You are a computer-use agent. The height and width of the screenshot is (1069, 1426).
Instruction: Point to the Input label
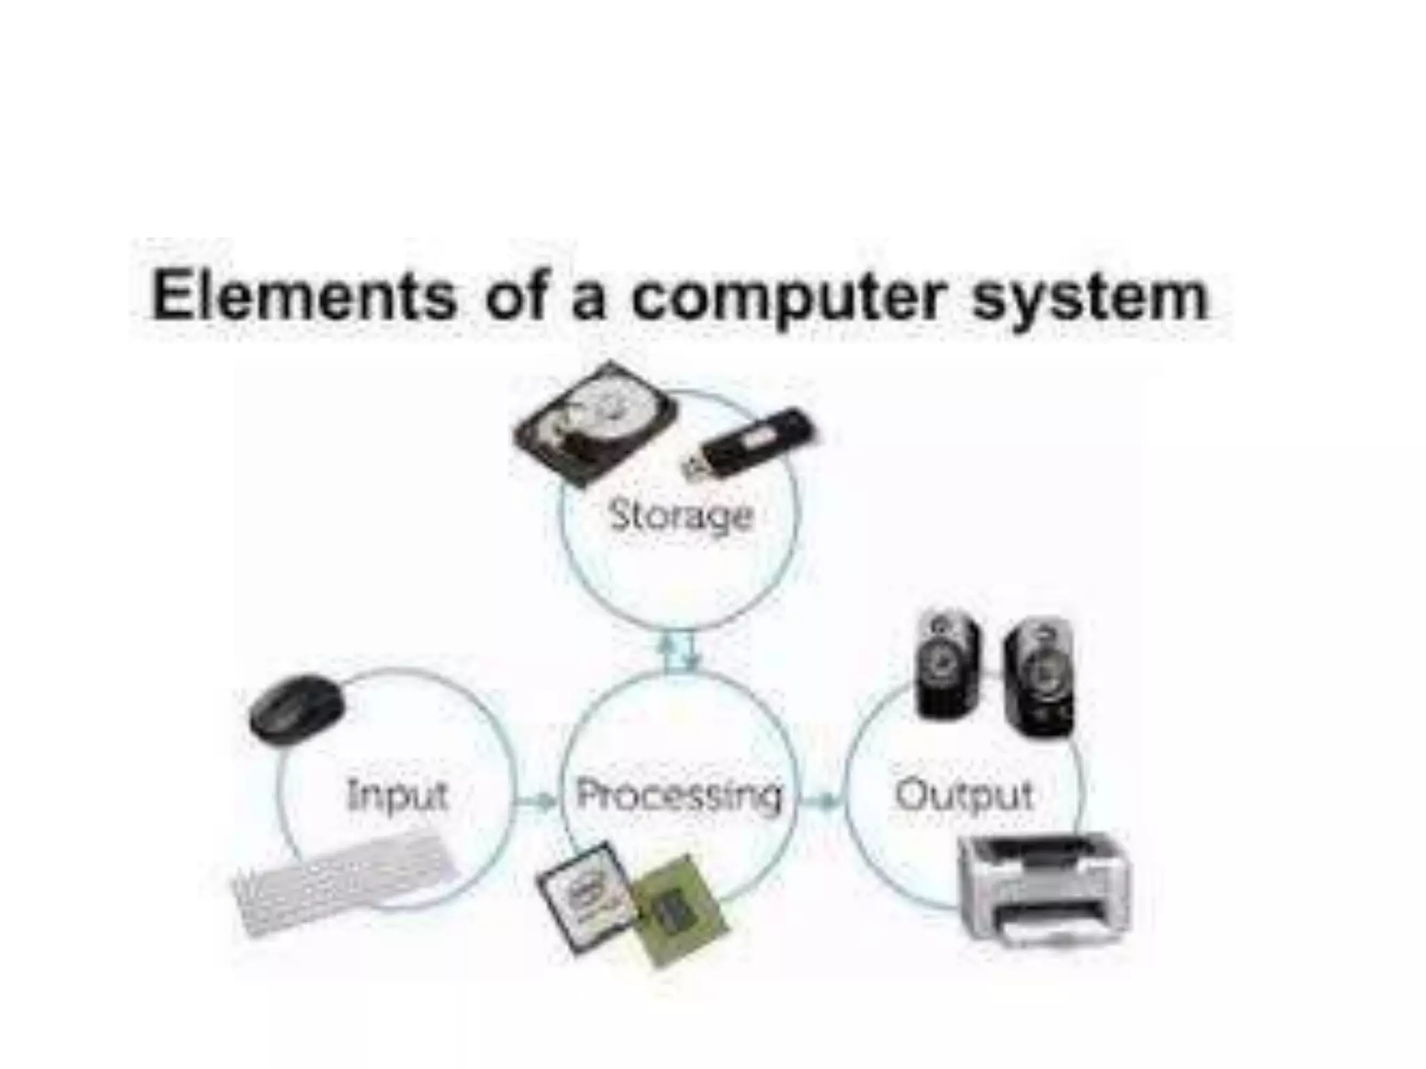point(398,795)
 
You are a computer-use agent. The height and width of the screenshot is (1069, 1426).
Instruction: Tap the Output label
point(964,795)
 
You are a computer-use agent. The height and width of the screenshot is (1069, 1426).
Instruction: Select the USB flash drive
point(749,443)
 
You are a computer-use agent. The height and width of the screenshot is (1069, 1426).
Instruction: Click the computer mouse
point(297,709)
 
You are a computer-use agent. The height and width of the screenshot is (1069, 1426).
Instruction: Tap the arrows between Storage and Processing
point(679,651)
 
